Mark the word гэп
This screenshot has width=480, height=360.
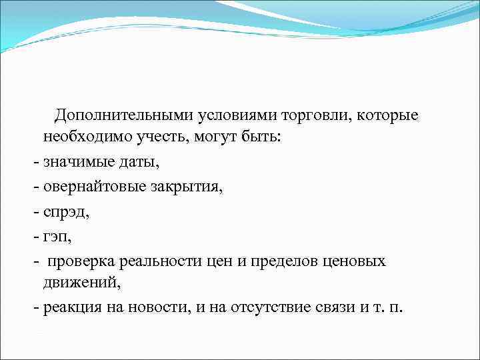pos(56,236)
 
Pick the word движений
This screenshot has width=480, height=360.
pos(83,283)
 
